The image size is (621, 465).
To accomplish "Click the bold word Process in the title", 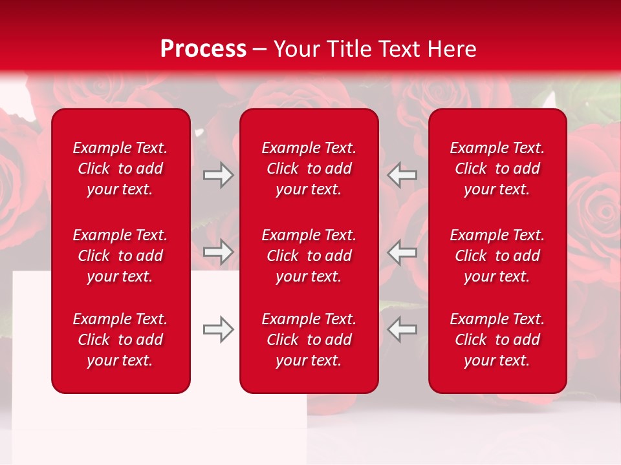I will (x=203, y=49).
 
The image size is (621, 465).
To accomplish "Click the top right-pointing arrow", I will (x=219, y=175).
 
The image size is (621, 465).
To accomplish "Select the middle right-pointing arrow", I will (x=219, y=251).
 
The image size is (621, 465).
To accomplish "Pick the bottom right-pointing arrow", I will (x=219, y=329).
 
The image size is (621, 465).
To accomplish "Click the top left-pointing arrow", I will (x=402, y=175).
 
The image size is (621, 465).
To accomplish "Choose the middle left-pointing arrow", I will (x=402, y=251).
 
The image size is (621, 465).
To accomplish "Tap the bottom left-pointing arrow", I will (x=402, y=329).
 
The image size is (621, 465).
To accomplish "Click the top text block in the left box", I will (x=120, y=169).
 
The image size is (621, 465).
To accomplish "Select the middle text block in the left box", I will (x=120, y=256).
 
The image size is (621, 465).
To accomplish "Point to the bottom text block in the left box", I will (x=120, y=340).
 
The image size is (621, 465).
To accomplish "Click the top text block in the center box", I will (x=309, y=169).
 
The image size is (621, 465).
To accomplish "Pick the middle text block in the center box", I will (x=309, y=256).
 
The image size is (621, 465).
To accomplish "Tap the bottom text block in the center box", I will (x=309, y=340).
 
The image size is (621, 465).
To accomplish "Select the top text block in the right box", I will (x=497, y=169).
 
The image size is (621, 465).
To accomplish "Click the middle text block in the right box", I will (x=497, y=256).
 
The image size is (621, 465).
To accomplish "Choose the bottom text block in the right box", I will (x=497, y=340).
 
